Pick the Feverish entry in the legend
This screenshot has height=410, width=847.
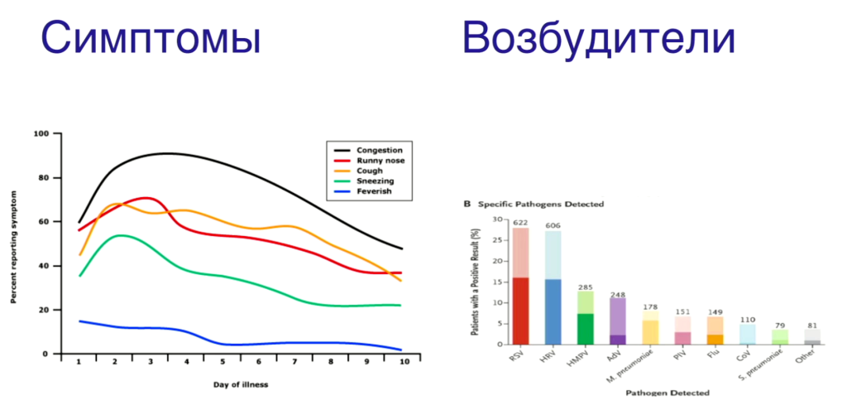(375, 191)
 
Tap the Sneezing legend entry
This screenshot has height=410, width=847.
(376, 181)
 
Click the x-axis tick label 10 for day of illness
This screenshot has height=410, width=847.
(402, 363)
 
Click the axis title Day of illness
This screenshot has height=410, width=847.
(239, 383)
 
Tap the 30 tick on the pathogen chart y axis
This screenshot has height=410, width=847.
(497, 219)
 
